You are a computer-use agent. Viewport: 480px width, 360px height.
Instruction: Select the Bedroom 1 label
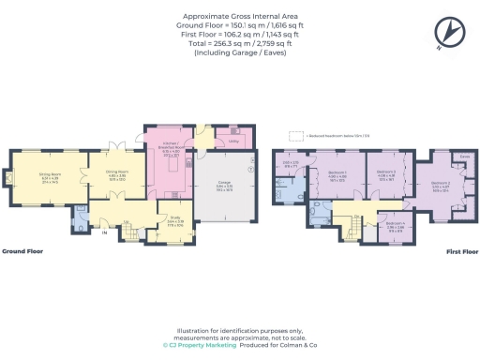[338, 174]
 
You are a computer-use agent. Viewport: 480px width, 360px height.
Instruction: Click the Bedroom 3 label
[386, 174]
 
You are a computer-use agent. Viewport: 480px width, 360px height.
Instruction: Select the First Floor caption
[457, 252]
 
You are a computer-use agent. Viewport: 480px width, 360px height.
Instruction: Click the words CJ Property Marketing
[205, 344]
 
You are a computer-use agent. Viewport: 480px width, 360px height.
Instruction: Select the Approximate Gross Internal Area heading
[239, 17]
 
